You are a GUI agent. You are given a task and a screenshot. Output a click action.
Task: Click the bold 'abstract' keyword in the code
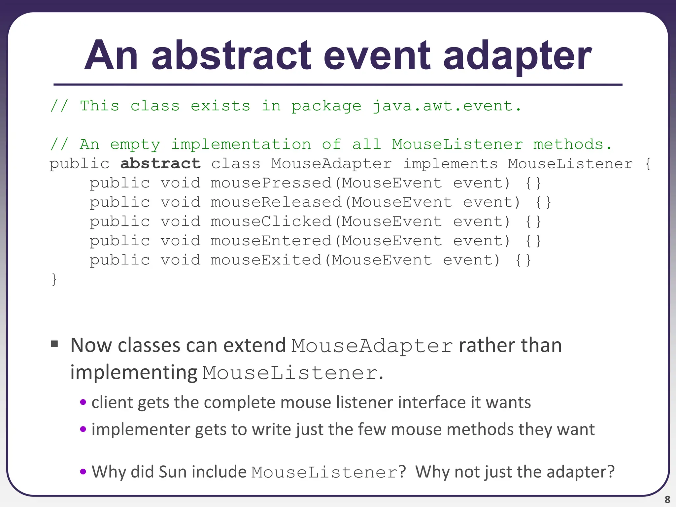click(x=160, y=164)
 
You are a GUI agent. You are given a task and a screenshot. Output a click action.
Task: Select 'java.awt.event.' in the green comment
click(x=447, y=106)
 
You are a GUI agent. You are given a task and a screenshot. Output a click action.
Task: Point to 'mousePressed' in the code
click(x=271, y=183)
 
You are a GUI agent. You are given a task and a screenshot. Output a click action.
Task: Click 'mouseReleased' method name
click(x=276, y=202)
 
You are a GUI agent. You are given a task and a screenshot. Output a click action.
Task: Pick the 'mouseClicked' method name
click(x=271, y=221)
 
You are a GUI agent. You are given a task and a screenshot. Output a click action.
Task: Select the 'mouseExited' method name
click(x=266, y=260)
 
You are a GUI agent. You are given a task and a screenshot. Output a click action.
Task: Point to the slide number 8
click(x=667, y=499)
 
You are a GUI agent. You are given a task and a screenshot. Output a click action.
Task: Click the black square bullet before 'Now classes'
click(x=55, y=345)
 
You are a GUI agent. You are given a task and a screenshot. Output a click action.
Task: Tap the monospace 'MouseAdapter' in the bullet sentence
click(x=372, y=346)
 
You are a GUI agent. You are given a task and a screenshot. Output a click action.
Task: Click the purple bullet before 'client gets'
click(x=83, y=402)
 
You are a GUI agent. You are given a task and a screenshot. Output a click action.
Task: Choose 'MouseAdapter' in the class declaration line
click(x=331, y=164)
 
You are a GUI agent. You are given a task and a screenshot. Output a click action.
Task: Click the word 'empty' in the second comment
click(x=135, y=145)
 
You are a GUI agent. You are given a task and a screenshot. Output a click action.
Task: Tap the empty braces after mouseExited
click(x=523, y=260)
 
